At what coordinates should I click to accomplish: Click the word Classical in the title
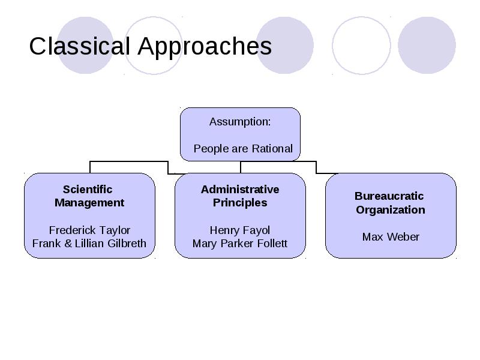pos(80,46)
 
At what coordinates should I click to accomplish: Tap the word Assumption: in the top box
pos(240,122)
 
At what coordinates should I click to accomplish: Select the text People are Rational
pos(243,149)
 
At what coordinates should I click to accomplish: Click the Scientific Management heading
pos(89,196)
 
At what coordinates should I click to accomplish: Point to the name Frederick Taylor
pos(89,230)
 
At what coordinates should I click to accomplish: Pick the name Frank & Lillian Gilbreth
pos(89,244)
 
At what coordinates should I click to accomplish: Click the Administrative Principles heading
pos(240,196)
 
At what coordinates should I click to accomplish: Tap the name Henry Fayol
pos(239,230)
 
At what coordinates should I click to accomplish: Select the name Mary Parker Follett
pos(239,244)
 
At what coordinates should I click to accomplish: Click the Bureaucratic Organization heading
pos(390,203)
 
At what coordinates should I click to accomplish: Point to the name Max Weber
pos(391,237)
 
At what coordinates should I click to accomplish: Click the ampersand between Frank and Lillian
pos(68,244)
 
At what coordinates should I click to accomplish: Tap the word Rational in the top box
pos(272,148)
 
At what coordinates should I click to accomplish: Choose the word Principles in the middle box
pos(240,203)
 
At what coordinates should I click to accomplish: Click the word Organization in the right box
pos(391,211)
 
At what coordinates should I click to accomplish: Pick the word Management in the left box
pos(89,203)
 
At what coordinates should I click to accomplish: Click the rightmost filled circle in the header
pos(427,46)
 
